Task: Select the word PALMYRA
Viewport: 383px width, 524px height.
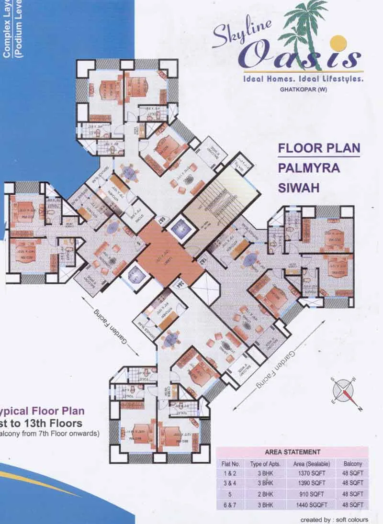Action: click(309, 168)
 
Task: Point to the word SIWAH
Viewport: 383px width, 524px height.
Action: click(298, 187)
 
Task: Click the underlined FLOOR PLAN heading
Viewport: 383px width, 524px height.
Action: click(318, 148)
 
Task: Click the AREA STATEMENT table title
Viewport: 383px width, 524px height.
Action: click(293, 452)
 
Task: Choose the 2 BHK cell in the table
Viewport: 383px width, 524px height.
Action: click(260, 494)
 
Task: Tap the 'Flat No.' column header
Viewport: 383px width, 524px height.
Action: click(230, 463)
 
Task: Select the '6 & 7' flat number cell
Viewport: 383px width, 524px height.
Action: click(230, 504)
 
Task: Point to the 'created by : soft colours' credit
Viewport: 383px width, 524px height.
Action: click(334, 519)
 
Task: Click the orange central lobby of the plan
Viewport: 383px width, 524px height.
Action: click(170, 253)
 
